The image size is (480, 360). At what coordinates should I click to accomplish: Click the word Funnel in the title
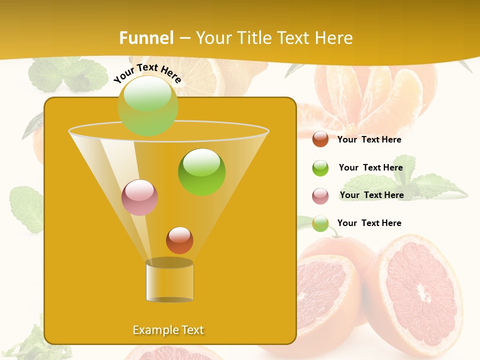click(x=146, y=38)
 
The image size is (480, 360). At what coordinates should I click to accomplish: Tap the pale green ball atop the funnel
click(x=147, y=105)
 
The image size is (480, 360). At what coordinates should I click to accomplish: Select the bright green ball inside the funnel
click(x=201, y=172)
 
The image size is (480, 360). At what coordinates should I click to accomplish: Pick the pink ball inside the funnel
click(x=139, y=197)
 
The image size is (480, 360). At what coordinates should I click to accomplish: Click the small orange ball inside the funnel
click(x=179, y=240)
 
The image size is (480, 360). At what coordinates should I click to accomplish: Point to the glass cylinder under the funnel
click(x=169, y=282)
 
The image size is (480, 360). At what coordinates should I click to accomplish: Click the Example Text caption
click(x=168, y=330)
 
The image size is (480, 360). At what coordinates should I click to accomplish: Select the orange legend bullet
click(x=320, y=139)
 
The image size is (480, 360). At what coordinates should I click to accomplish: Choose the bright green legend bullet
click(x=320, y=168)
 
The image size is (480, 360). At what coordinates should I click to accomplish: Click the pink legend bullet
click(x=320, y=196)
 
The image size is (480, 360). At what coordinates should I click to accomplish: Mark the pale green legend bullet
click(x=320, y=223)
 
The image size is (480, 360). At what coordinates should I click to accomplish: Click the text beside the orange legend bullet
click(x=369, y=140)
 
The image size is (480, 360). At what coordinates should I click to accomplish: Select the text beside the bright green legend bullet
click(x=370, y=168)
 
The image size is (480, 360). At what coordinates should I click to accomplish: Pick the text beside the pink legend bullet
click(x=371, y=195)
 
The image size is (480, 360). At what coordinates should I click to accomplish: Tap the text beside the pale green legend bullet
click(x=369, y=223)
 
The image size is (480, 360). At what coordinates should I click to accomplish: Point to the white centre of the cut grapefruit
click(x=425, y=295)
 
